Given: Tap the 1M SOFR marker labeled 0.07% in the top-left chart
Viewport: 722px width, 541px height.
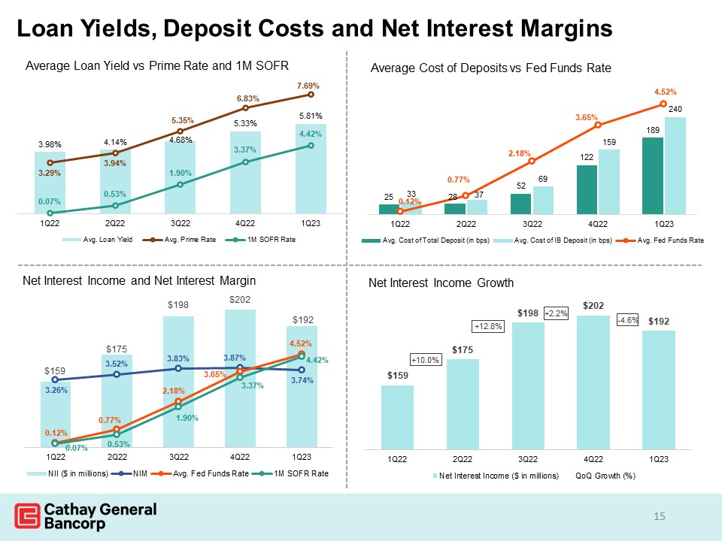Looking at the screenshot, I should click(50, 213).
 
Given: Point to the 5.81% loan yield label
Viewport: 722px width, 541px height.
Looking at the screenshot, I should click(311, 116).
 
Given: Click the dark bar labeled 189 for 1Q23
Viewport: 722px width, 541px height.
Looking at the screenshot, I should click(653, 175).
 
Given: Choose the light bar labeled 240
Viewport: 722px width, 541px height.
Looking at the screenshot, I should click(675, 165).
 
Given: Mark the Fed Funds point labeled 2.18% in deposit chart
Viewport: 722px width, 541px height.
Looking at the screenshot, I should click(532, 162).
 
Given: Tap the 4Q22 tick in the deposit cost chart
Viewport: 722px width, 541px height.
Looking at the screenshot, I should click(597, 224).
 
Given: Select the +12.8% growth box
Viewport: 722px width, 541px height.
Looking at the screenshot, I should click(487, 326).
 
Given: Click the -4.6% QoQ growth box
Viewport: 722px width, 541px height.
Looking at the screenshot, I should click(627, 320).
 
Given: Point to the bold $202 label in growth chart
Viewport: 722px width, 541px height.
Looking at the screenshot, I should click(593, 306).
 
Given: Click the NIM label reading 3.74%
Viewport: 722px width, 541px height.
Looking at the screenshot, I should click(302, 380).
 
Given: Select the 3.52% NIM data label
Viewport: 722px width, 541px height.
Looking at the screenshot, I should click(117, 364).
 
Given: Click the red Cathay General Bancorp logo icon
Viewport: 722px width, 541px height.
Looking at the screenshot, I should click(28, 517).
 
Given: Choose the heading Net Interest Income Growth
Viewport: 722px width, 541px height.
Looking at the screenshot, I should click(441, 283).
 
